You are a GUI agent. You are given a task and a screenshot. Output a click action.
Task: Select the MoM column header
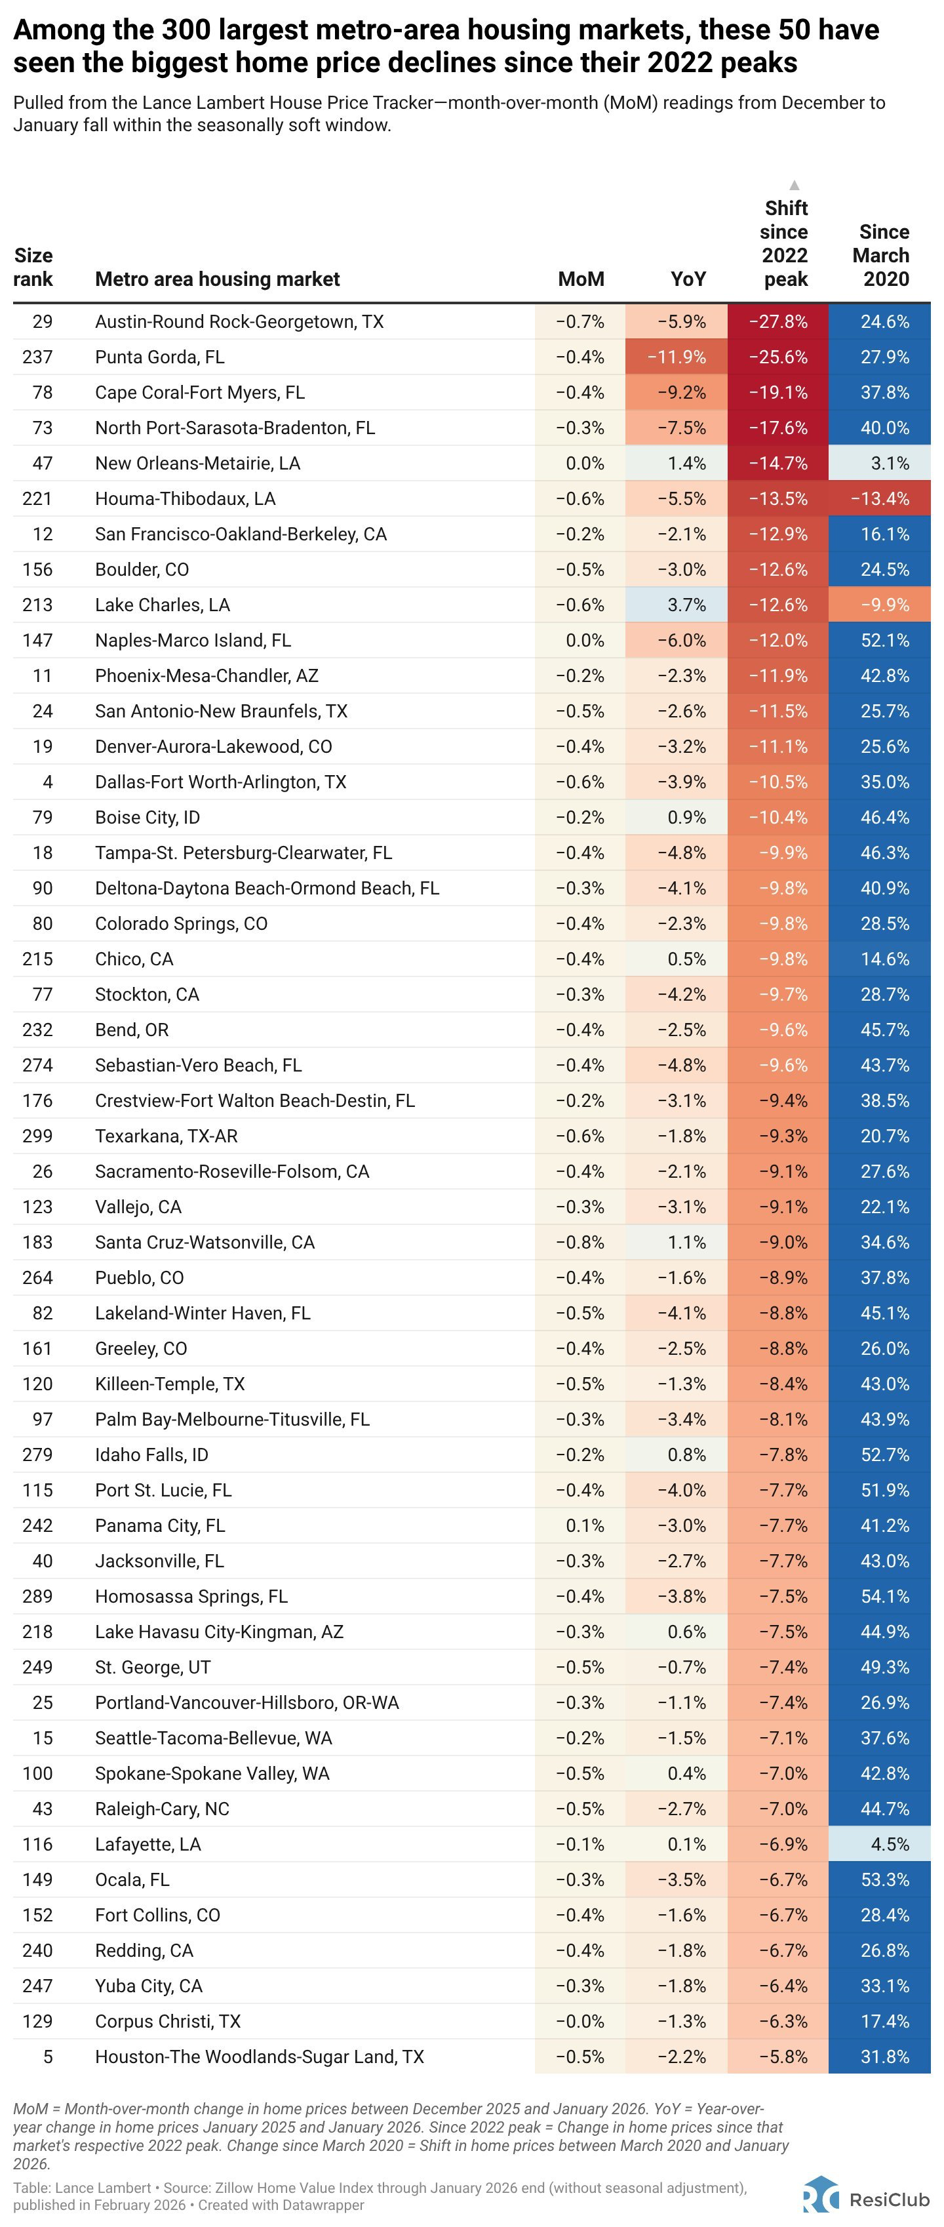pyautogui.click(x=581, y=279)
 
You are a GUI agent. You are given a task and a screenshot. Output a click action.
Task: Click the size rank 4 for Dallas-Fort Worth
pyautogui.click(x=48, y=782)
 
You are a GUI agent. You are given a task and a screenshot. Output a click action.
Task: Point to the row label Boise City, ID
pyautogui.click(x=147, y=818)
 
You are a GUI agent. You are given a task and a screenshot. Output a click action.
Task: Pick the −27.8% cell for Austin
pyautogui.click(x=778, y=321)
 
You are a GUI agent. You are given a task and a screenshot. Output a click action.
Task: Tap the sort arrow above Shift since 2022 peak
pyautogui.click(x=795, y=185)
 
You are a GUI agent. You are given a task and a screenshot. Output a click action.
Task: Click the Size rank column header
pyautogui.click(x=33, y=267)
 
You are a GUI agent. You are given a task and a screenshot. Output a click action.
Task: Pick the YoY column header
pyautogui.click(x=688, y=279)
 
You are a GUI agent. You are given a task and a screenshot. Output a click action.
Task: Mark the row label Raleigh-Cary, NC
pyautogui.click(x=162, y=1809)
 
